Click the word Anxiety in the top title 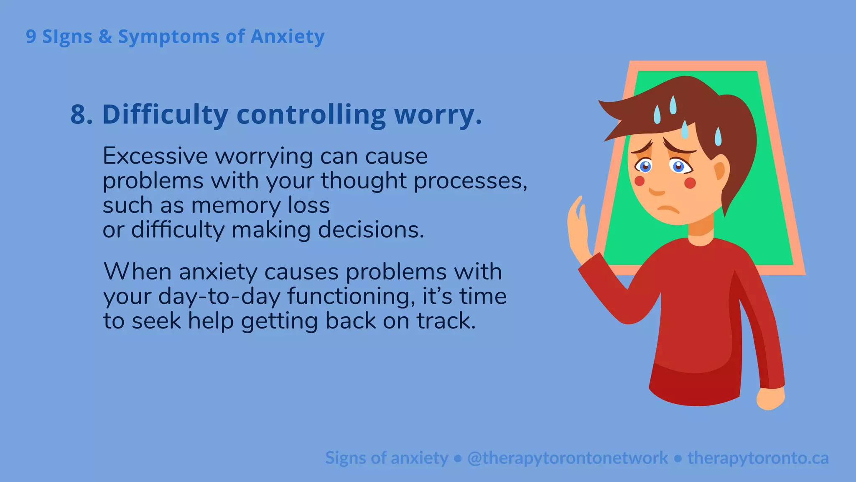click(x=287, y=37)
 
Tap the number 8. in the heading click(x=82, y=114)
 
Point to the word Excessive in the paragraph click(x=155, y=156)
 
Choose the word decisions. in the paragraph click(x=371, y=230)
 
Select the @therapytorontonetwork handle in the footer click(x=567, y=458)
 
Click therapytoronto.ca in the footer click(x=758, y=458)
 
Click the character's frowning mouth click(x=668, y=209)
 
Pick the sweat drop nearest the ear click(x=718, y=137)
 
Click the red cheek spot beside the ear click(x=690, y=183)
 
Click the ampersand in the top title click(x=105, y=37)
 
